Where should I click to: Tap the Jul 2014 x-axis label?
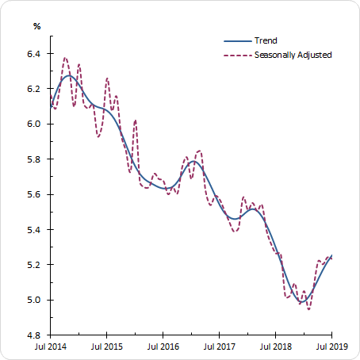51,347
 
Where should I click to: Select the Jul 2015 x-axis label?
107,347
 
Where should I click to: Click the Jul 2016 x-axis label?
163,347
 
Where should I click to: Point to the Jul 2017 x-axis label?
219,347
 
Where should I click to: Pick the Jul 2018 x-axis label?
275,347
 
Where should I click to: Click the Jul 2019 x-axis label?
331,347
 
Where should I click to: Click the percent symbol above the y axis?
36,26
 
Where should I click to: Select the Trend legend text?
265,40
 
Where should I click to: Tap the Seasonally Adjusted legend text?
293,55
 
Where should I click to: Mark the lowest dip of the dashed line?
308,308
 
